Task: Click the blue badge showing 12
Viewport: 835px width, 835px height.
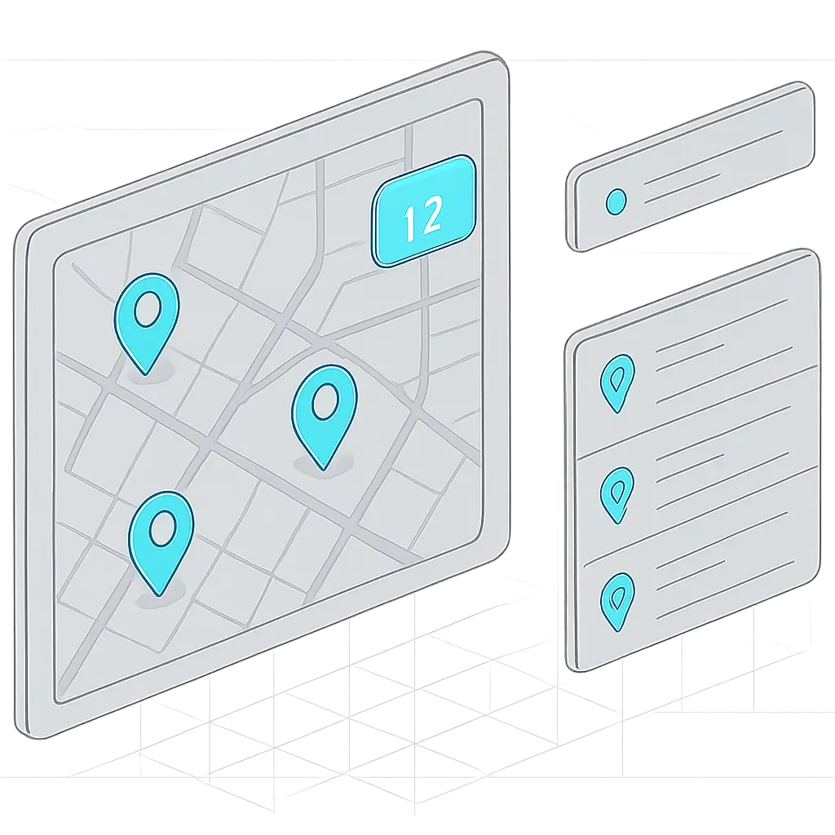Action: pos(423,211)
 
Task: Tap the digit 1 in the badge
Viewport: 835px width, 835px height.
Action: pos(409,223)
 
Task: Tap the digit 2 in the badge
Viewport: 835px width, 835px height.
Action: pos(431,214)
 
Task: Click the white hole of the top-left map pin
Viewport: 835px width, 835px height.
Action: pos(148,308)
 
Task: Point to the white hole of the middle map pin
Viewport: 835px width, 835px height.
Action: pos(325,401)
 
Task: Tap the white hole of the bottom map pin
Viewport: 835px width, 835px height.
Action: pos(162,528)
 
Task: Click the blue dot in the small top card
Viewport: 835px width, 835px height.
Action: pos(616,202)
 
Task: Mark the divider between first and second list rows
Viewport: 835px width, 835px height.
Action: pos(698,413)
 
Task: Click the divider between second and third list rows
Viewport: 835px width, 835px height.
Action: pos(700,516)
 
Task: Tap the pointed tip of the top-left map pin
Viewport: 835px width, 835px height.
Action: pos(145,375)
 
